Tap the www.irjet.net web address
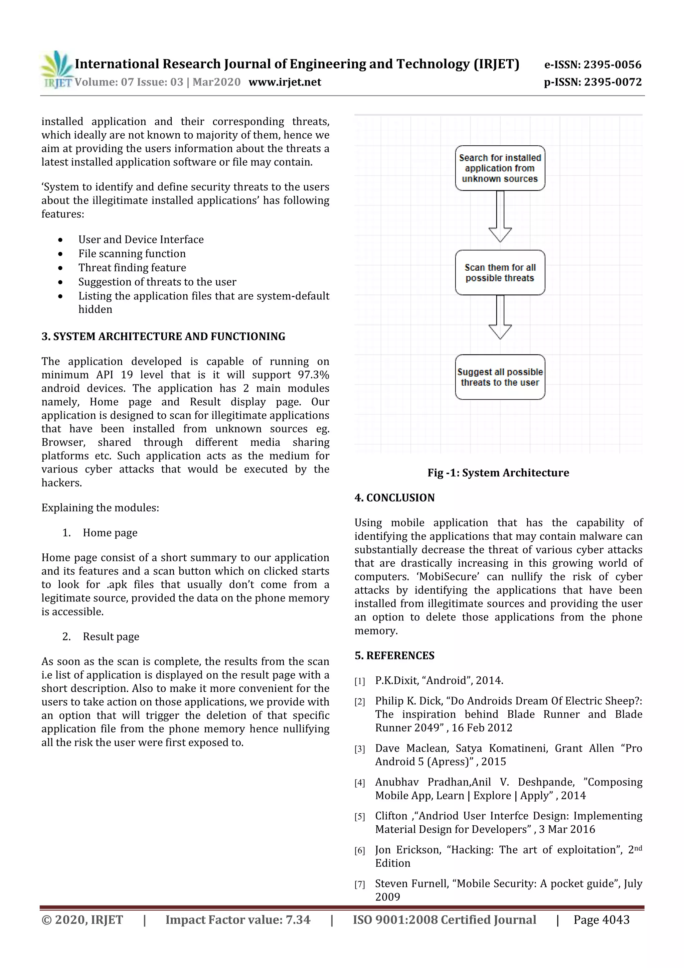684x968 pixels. (x=285, y=82)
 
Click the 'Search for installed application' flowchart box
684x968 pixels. (x=500, y=168)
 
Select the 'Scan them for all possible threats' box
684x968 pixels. (x=500, y=272)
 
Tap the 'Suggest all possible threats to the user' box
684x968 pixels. (x=500, y=377)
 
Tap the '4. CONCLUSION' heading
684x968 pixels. (x=394, y=498)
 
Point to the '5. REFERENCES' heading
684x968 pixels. (x=394, y=655)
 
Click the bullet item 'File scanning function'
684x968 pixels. (x=132, y=253)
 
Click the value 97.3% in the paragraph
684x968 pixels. (x=313, y=375)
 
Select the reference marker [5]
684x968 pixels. (x=359, y=817)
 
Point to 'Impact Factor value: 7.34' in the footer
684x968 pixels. (x=238, y=920)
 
